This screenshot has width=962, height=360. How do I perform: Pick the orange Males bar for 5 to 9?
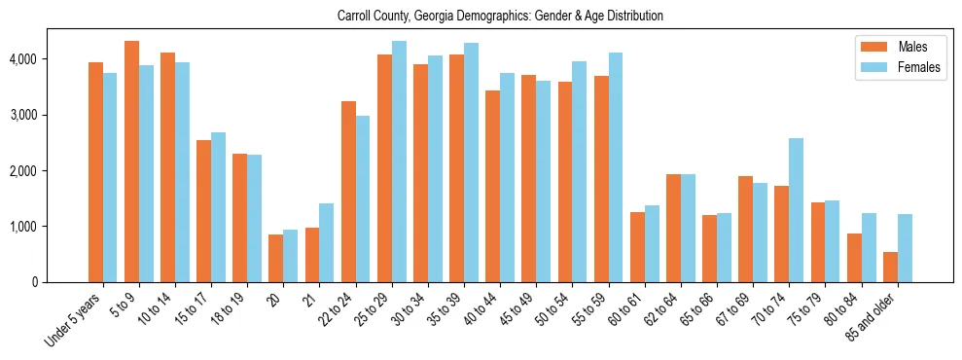pyautogui.click(x=131, y=162)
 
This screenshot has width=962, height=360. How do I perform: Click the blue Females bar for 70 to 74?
pyautogui.click(x=796, y=210)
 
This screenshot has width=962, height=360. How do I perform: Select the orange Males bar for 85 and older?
pyautogui.click(x=890, y=268)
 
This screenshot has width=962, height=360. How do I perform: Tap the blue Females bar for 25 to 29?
pyautogui.click(x=399, y=162)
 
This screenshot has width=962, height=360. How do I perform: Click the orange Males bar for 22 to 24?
pyautogui.click(x=348, y=192)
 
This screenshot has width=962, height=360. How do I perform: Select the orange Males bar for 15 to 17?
pyautogui.click(x=204, y=211)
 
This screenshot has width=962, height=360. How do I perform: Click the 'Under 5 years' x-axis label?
pyautogui.click(x=74, y=321)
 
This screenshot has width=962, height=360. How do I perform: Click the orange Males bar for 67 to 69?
pyautogui.click(x=745, y=230)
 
